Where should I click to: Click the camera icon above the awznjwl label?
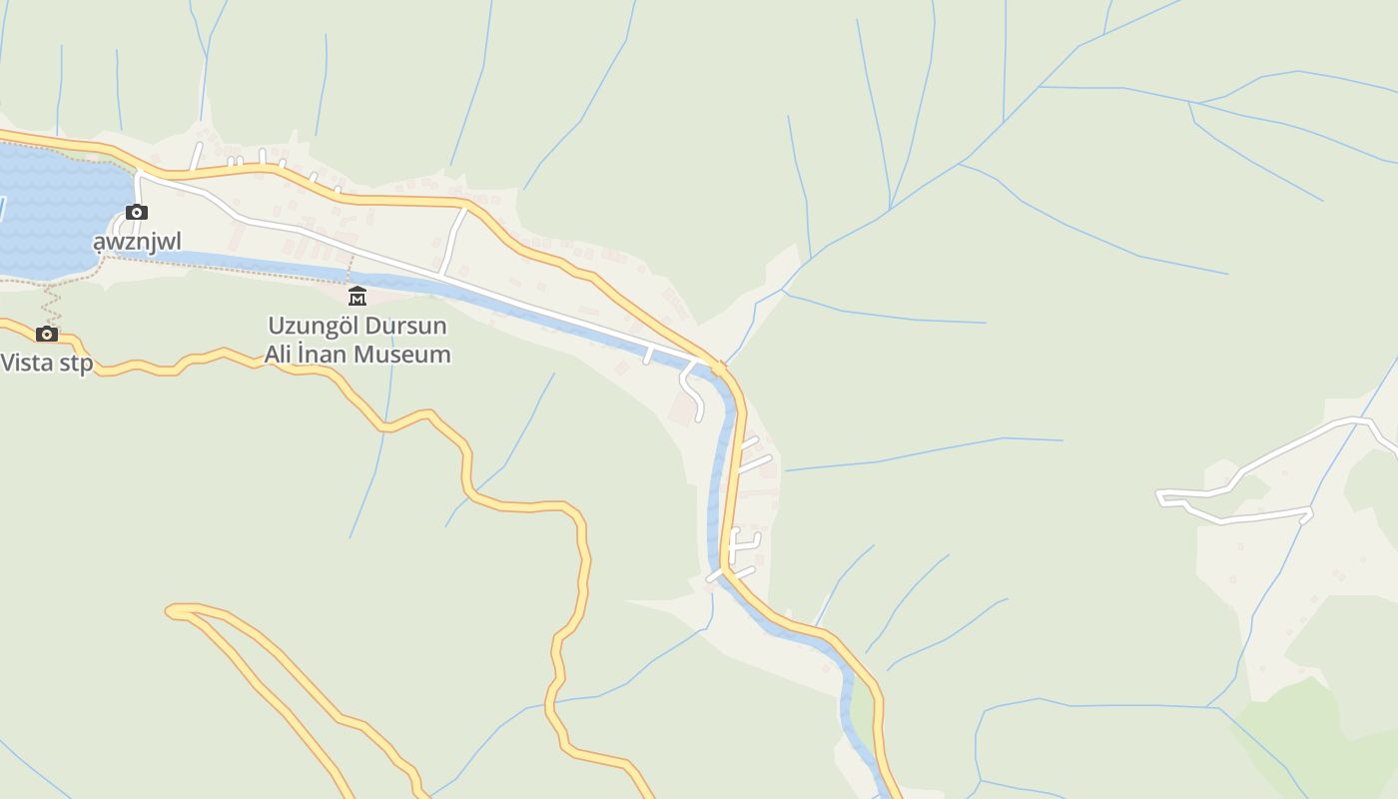point(137,212)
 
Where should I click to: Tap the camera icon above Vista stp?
point(47,334)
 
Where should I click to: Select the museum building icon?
point(356,296)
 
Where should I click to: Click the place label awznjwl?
point(138,242)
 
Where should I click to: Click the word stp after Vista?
point(76,362)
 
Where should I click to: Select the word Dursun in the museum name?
point(405,326)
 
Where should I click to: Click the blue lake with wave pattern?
point(55,210)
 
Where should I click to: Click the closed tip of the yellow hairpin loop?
point(171,609)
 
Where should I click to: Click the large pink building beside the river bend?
point(685,407)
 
